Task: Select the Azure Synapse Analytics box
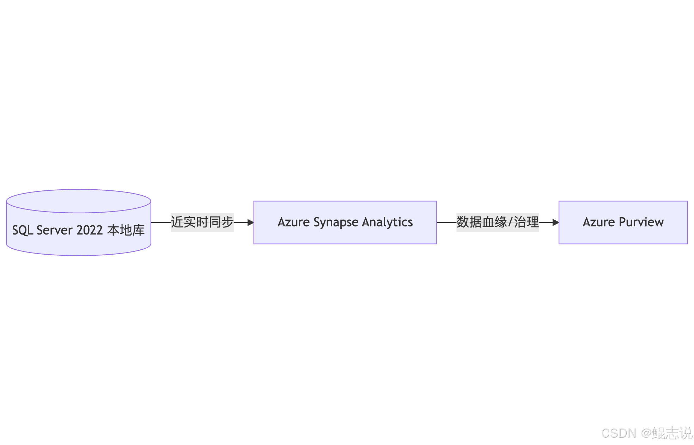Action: coord(345,222)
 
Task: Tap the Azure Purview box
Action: coord(623,222)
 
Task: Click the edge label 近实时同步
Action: coord(202,222)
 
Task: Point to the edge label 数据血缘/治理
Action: coord(497,222)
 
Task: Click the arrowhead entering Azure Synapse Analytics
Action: coord(251,222)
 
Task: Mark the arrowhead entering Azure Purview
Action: coord(556,222)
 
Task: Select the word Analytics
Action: coord(387,222)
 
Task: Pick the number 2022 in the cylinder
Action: coord(89,230)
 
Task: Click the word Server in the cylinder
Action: coord(54,230)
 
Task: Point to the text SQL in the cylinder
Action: coord(23,230)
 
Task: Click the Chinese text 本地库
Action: coord(126,230)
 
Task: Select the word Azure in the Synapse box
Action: coord(293,222)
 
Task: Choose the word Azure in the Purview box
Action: coord(599,222)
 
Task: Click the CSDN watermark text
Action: coord(619,433)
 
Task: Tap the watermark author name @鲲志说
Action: coord(666,433)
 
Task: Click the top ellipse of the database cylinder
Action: coord(78,201)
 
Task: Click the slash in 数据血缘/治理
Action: coord(510,222)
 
